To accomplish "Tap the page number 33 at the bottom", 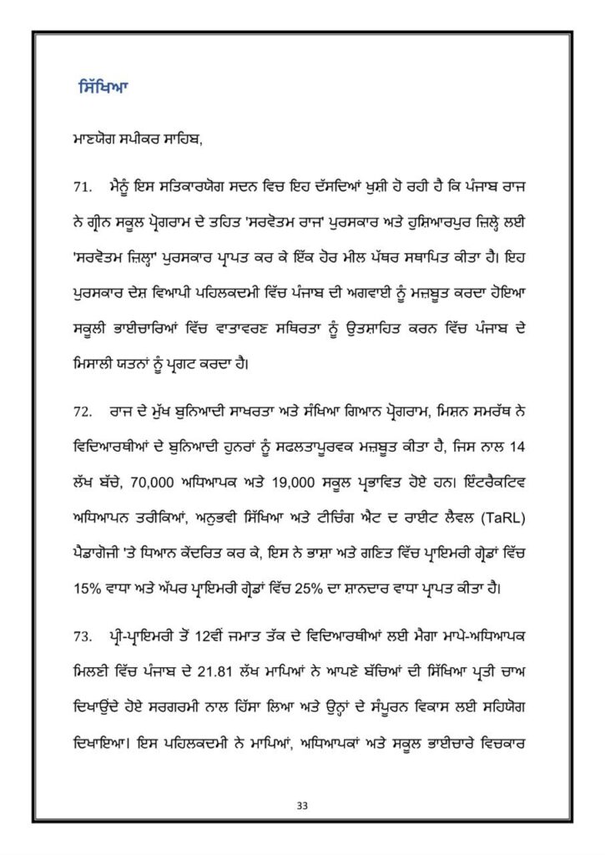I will click(302, 806).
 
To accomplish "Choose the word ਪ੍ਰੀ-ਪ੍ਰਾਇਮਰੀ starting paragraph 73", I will click(142, 637).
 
